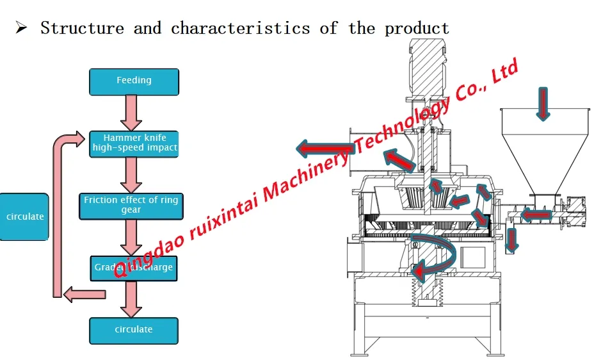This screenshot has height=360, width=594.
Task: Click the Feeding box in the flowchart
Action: pos(134,81)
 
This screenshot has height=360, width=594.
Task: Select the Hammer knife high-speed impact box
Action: pos(134,143)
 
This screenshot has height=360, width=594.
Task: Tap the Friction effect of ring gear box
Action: pos(131,205)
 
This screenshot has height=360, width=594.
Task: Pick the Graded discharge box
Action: pos(134,268)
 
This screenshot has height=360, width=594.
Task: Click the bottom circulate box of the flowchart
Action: pos(134,330)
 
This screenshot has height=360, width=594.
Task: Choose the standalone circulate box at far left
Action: pos(24,217)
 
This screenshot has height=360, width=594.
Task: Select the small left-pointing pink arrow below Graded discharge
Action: pos(84,294)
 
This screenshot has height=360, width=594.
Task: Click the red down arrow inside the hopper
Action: pos(543,103)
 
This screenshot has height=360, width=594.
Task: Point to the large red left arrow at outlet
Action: pos(324,149)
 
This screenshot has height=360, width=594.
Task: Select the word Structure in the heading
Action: pos(81,28)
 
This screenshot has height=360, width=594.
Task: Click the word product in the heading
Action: pos(417,28)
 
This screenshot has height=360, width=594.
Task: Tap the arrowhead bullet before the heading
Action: pos(21,28)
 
